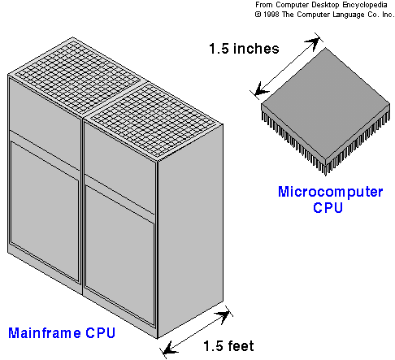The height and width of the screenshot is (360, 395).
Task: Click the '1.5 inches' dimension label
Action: click(244, 49)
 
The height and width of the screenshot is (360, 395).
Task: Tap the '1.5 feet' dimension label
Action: click(228, 346)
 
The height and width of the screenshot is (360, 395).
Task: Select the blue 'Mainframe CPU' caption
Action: click(62, 333)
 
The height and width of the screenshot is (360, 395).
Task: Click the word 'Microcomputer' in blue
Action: click(330, 193)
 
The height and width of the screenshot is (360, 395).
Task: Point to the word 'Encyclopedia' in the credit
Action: click(365, 5)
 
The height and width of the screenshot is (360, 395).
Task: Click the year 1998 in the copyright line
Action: click(271, 15)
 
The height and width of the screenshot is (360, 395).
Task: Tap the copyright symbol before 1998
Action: click(258, 15)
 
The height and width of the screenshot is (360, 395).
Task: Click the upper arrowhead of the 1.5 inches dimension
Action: click(312, 43)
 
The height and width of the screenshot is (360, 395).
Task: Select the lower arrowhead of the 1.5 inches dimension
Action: click(262, 89)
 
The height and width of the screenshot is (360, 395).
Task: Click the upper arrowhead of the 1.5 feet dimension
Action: click(223, 315)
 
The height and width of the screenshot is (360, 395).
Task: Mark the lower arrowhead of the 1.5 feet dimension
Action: click(170, 348)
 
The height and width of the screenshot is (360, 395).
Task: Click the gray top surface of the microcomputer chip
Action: click(325, 103)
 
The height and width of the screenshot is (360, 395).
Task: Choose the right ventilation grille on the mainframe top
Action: click(154, 120)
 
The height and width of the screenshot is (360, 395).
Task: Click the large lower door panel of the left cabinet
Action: click(45, 211)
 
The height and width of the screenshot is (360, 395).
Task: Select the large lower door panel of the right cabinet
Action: click(119, 256)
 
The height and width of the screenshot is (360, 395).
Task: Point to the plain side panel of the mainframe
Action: click(190, 230)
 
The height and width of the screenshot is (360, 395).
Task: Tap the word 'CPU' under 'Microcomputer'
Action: click(328, 208)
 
